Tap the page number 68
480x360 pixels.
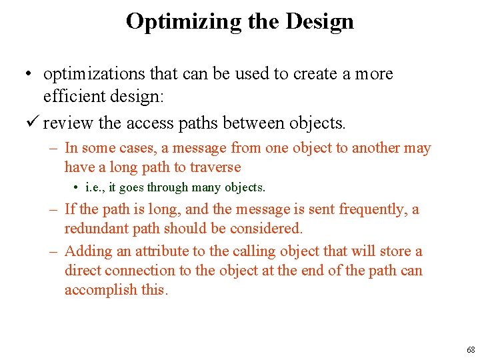[471, 350]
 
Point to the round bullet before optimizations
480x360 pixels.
[31, 74]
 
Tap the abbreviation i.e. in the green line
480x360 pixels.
[91, 188]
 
